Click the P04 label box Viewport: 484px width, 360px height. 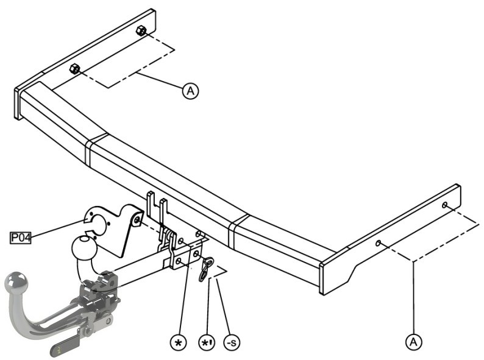pos(21,238)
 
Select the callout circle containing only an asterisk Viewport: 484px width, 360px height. pos(179,342)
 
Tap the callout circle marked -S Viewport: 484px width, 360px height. pos(232,342)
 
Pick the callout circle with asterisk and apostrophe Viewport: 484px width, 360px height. pos(207,342)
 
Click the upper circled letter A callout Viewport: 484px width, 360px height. pos(190,91)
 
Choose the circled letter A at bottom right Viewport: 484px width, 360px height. pos(413,342)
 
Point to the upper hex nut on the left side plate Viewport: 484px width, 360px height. pos(141,30)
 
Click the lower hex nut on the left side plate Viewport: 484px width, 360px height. pos(75,68)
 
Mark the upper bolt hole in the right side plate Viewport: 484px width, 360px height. pos(445,205)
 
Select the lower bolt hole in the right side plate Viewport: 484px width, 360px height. pos(378,243)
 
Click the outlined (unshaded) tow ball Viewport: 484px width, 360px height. pos(84,248)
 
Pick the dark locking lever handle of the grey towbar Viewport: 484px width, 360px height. pos(65,347)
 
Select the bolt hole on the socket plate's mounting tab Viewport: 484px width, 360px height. pos(137,220)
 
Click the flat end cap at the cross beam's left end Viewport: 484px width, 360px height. pos(17,104)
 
